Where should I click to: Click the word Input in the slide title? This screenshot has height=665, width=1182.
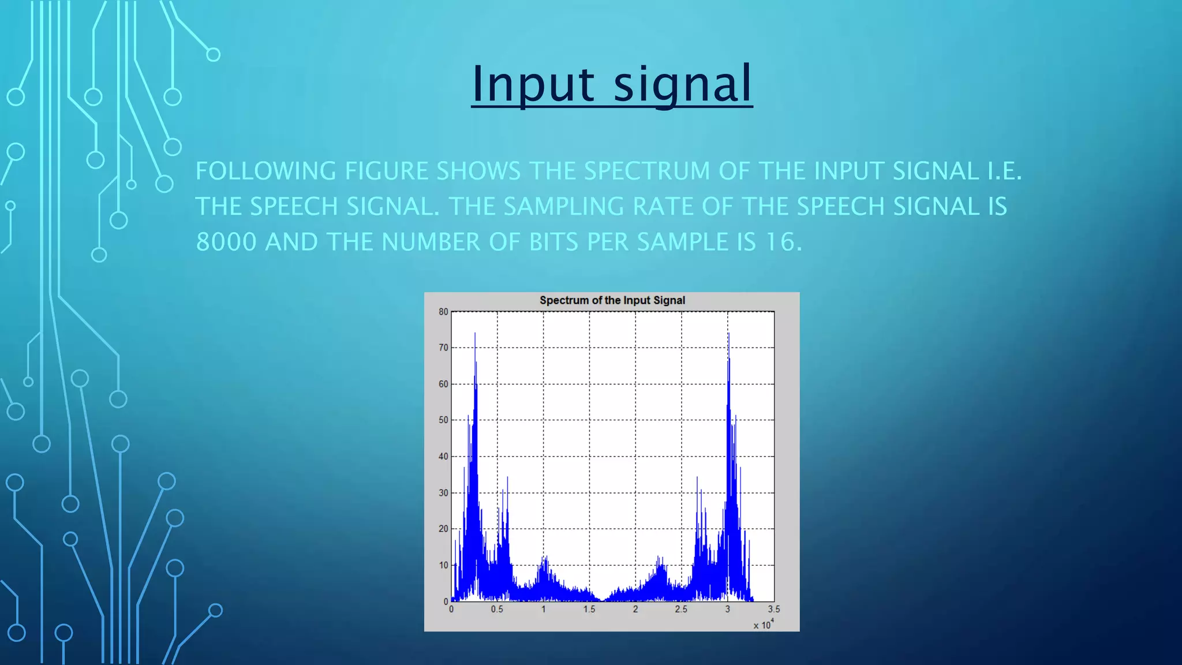pos(532,84)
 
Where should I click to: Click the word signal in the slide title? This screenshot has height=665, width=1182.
pos(683,84)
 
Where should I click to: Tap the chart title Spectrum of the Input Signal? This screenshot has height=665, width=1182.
pos(612,300)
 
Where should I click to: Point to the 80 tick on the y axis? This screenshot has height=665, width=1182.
pos(443,312)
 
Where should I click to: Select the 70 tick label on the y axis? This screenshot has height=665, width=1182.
pos(443,348)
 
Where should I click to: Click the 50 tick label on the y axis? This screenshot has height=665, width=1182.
pos(443,420)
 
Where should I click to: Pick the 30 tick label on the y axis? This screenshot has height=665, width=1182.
pos(443,492)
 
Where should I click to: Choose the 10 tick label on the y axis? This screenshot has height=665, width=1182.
pos(443,565)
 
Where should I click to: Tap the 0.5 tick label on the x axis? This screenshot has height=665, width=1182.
pos(497,609)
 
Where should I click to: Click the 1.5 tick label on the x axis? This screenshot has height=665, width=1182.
pos(589,609)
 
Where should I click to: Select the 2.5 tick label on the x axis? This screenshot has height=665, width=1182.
pos(681,609)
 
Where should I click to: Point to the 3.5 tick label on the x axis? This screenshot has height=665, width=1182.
pos(773,609)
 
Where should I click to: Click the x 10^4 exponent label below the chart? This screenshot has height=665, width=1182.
pos(763,625)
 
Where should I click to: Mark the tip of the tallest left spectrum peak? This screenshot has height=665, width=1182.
pos(475,333)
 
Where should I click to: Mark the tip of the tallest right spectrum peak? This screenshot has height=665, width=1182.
pos(728,333)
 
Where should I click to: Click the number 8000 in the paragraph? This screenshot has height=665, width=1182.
pos(226,242)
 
